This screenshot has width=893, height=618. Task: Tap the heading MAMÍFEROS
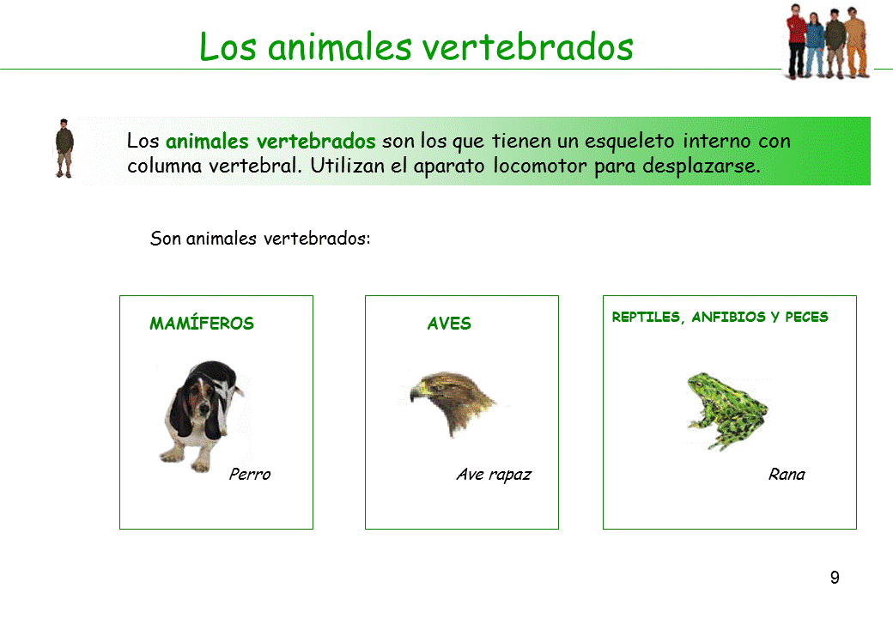click(202, 324)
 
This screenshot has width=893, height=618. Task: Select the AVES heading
click(449, 324)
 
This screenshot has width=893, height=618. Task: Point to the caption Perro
click(250, 474)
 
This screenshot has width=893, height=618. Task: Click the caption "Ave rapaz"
click(494, 474)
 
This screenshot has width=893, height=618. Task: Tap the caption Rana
click(787, 474)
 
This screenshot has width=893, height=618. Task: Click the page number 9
click(835, 578)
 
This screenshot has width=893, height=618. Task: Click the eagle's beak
click(417, 391)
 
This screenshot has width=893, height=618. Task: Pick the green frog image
click(726, 409)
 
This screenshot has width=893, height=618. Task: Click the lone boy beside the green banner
click(64, 148)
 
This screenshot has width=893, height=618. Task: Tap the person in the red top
click(798, 41)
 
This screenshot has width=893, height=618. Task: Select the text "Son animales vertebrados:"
click(260, 238)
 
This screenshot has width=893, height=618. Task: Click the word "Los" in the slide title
click(229, 47)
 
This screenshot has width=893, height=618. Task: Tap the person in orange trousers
click(856, 43)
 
